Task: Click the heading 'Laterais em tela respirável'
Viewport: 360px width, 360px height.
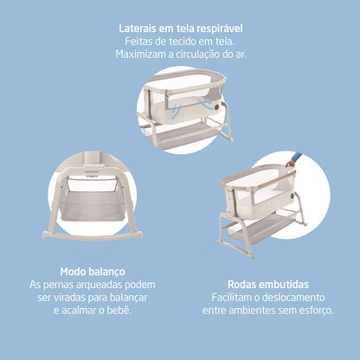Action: [180, 27]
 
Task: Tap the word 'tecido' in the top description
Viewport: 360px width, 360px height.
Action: [178, 41]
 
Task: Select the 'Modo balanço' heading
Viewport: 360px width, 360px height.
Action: [90, 270]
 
